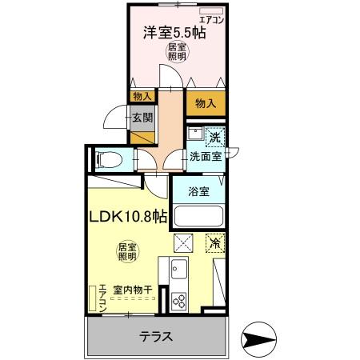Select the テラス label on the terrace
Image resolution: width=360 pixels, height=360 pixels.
click(x=157, y=336)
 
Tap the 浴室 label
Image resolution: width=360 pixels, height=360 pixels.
click(x=199, y=192)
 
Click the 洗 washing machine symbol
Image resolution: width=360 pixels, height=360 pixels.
click(x=214, y=138)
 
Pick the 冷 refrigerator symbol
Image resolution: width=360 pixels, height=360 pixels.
click(x=214, y=242)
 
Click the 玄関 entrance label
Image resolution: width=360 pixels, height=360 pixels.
click(x=142, y=118)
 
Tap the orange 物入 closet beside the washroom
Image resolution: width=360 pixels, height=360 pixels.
click(x=206, y=102)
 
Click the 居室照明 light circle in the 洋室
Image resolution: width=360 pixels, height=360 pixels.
click(x=177, y=54)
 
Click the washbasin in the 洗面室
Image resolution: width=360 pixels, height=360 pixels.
click(x=194, y=135)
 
